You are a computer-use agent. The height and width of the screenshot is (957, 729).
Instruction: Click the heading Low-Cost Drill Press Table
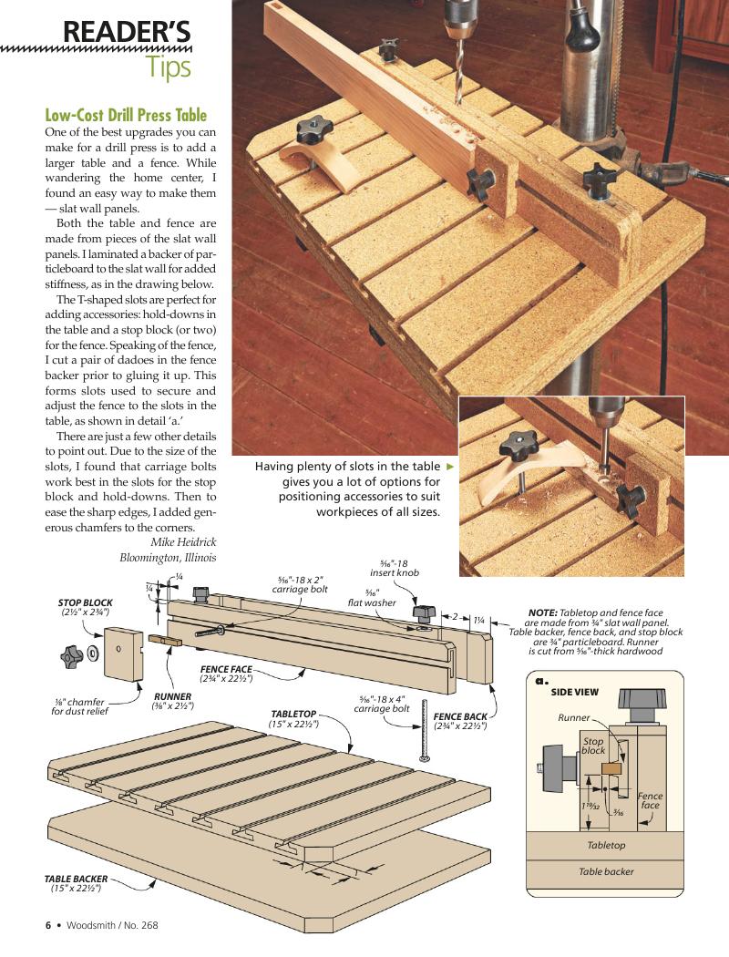(126, 116)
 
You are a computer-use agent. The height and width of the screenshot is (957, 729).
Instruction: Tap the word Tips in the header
(169, 67)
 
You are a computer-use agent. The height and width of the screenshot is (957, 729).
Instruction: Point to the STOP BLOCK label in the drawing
(86, 603)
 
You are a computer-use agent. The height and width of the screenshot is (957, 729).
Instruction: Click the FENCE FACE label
(227, 669)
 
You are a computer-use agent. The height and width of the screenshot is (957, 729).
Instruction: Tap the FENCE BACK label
(460, 716)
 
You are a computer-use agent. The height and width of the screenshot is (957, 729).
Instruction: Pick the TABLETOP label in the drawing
(293, 714)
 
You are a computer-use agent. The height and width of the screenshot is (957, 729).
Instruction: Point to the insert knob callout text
(395, 573)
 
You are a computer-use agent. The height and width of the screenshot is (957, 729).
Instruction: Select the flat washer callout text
(372, 603)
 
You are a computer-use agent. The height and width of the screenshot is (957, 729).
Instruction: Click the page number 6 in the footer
(48, 925)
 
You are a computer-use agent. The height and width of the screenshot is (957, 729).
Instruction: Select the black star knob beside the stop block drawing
(72, 653)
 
